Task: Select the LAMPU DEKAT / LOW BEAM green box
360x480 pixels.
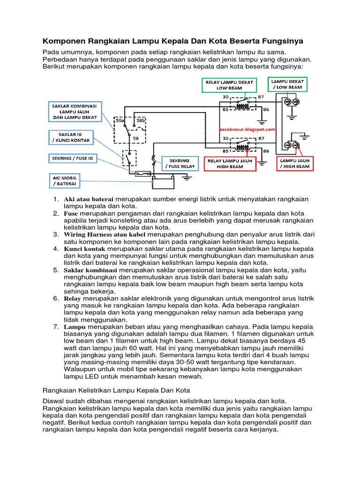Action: pyautogui.click(x=286, y=84)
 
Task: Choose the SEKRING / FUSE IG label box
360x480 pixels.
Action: pyautogui.click(x=72, y=158)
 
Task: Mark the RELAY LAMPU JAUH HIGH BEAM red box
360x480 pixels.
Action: pyautogui.click(x=231, y=164)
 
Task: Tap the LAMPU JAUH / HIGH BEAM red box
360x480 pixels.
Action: pyautogui.click(x=295, y=164)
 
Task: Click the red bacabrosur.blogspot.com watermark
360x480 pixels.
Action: pyautogui.click(x=247, y=129)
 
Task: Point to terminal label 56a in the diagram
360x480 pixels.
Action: pyautogui.click(x=120, y=120)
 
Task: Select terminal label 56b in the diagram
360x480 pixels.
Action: pyautogui.click(x=140, y=120)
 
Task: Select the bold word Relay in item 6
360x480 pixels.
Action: pyautogui.click(x=72, y=298)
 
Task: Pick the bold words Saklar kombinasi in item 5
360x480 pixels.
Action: pyautogui.click(x=90, y=270)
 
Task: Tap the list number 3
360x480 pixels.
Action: pyautogui.click(x=55, y=234)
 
